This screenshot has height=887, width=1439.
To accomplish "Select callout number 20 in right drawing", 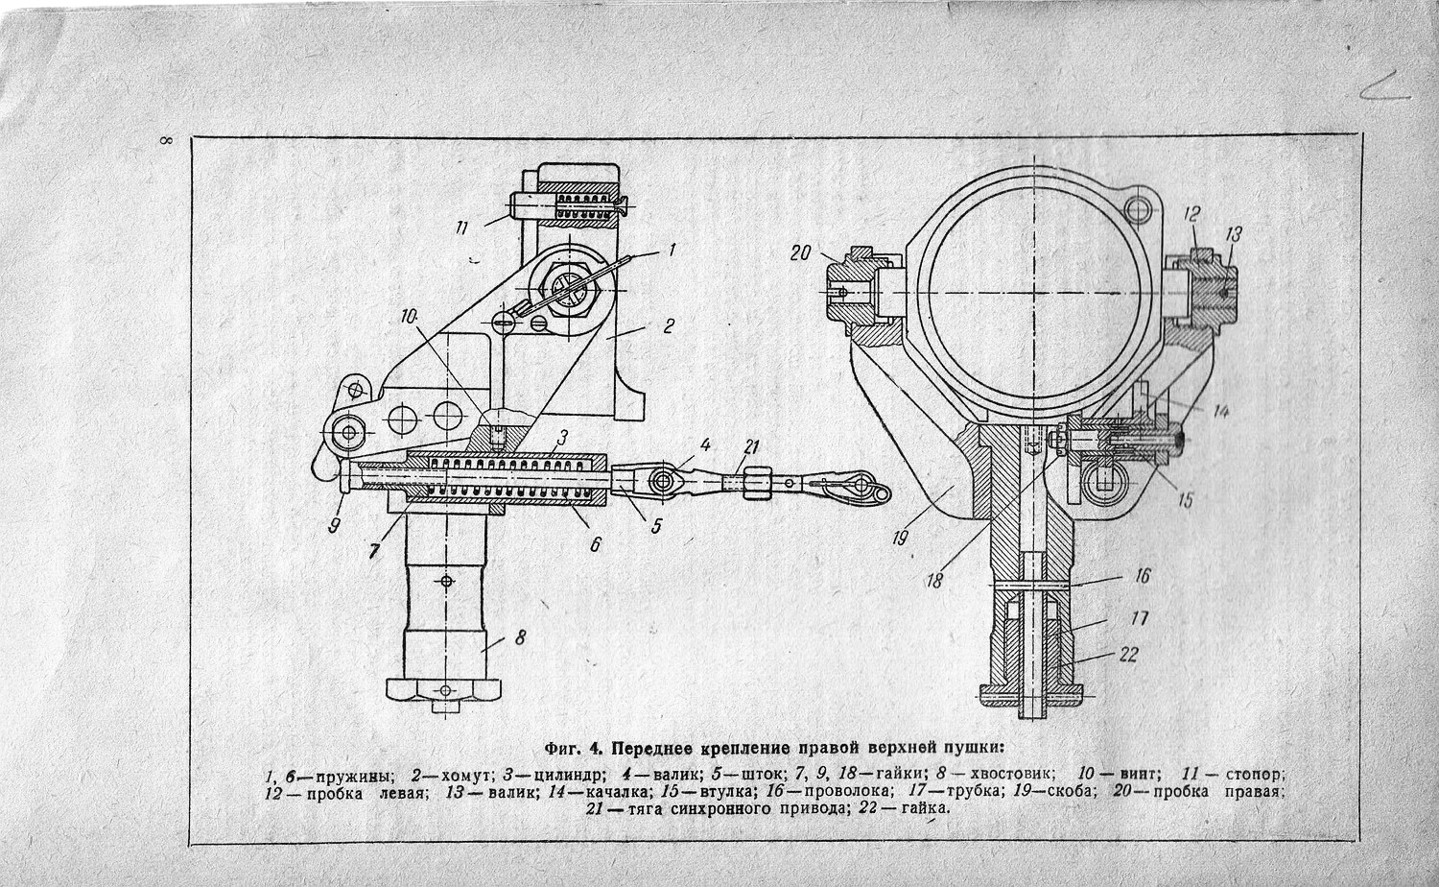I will point(801,253).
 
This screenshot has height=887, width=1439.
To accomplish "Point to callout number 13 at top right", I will point(1233,232).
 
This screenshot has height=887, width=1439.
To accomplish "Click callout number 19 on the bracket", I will point(899,539).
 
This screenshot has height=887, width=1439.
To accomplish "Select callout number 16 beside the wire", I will point(1142,576).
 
